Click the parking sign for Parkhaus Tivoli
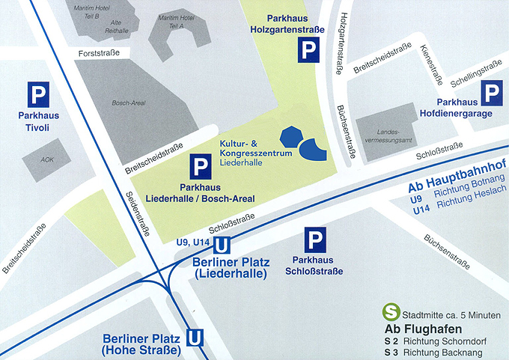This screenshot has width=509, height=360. tap(38, 94)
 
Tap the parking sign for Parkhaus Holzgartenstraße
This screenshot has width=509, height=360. tap(308, 51)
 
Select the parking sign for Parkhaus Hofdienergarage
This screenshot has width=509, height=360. tap(490, 94)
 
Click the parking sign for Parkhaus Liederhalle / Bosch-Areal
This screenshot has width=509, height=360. tap(200, 166)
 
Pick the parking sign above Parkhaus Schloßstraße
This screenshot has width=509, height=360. tap(315, 241)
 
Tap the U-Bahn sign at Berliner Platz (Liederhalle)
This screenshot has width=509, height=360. tap(222, 245)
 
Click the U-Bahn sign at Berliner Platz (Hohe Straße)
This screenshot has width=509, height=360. tap(195, 338)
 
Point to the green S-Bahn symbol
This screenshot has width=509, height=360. tap(389, 311)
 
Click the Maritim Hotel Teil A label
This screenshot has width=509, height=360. tap(177, 21)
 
